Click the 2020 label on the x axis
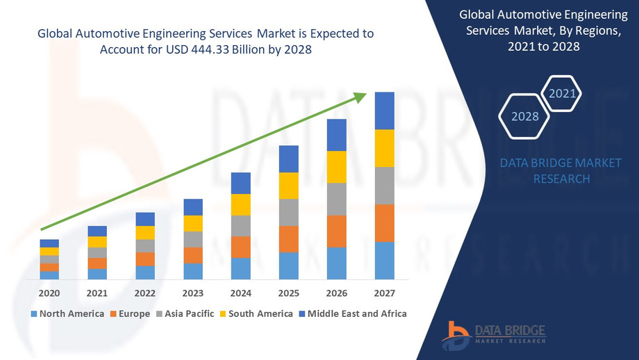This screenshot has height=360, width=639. click(49, 293)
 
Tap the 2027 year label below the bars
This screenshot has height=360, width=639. click(384, 293)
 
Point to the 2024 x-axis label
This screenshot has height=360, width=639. click(240, 293)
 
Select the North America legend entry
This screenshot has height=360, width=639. click(67, 314)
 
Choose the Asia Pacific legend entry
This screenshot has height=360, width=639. click(185, 314)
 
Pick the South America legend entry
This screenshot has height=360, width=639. click(255, 314)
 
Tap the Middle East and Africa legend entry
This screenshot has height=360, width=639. click(352, 314)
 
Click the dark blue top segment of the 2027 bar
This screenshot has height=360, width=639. click(384, 111)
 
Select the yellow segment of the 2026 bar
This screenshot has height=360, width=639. click(336, 167)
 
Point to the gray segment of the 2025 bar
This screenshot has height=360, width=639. click(288, 212)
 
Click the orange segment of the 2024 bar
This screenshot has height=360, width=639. click(240, 247)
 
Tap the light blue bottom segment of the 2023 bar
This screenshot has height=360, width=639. click(193, 271)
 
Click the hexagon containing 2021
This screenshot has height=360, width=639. click(561, 93)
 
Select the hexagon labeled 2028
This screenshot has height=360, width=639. click(525, 116)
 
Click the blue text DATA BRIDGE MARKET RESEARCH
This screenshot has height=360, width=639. click(561, 170)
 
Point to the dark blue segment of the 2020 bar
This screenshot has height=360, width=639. click(49, 243)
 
